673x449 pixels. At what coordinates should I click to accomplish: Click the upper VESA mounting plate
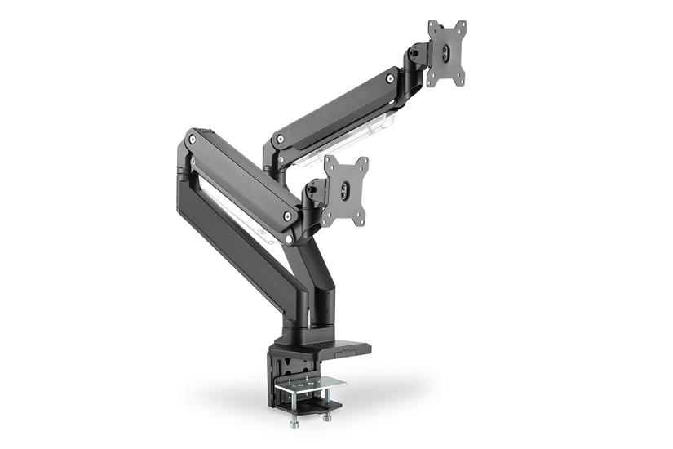pos(446,53)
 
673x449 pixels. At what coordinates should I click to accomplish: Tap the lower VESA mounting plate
pos(345,191)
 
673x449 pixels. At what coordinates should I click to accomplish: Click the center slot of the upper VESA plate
pos(446,51)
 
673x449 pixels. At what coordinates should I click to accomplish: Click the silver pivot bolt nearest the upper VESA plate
pos(392,78)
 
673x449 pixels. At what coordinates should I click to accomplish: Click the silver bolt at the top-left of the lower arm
pos(193,140)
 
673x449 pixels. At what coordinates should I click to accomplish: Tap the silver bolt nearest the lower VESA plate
pos(287,216)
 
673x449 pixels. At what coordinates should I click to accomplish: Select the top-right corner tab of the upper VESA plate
pos(461,26)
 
